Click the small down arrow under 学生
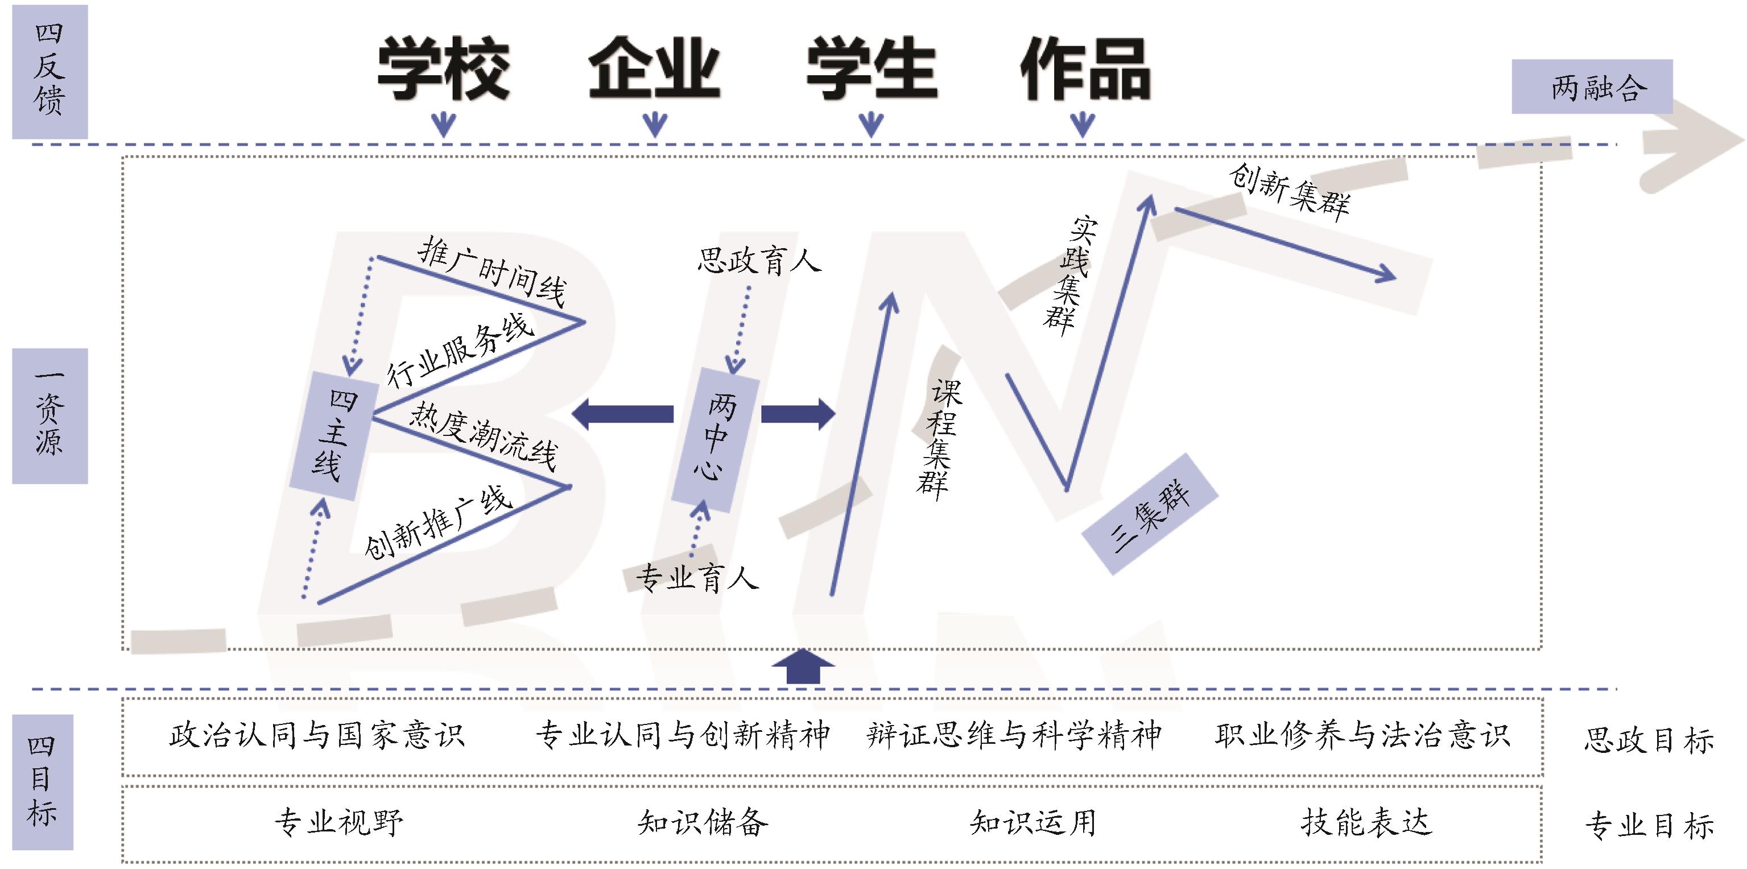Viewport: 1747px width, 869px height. point(871,125)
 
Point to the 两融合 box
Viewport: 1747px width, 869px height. point(1592,87)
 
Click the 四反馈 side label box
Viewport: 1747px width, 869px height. point(49,71)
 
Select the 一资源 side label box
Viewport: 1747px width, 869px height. point(49,415)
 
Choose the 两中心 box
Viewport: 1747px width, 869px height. point(715,439)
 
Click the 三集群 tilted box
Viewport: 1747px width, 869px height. point(1150,514)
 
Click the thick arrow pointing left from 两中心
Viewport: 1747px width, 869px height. point(622,413)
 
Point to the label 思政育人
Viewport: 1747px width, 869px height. point(759,261)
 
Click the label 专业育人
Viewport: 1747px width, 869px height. point(696,578)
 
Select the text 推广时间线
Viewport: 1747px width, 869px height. point(492,272)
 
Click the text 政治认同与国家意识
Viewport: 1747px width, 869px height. point(317,735)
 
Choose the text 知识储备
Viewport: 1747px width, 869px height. point(703,822)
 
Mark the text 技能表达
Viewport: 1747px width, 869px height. point(1366,822)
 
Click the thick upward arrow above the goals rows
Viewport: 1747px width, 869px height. point(803,666)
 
